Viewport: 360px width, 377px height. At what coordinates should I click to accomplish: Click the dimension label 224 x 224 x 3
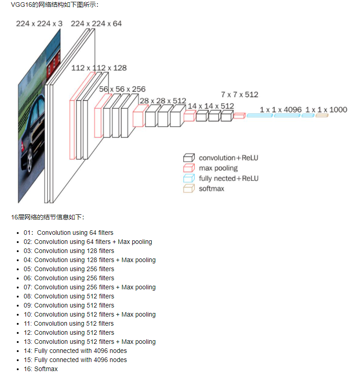click(x=39, y=23)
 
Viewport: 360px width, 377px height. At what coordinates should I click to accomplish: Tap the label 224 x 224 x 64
click(x=96, y=23)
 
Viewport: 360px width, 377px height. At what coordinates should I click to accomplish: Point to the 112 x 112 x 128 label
click(x=99, y=68)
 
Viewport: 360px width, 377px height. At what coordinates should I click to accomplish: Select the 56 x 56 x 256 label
click(x=122, y=89)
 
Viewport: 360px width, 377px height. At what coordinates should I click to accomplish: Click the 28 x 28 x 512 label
click(x=163, y=100)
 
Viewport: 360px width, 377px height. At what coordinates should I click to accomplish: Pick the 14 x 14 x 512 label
click(x=210, y=106)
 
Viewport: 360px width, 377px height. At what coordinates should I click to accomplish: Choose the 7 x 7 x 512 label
click(x=240, y=94)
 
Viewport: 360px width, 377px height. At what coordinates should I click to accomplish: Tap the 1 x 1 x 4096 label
click(x=280, y=109)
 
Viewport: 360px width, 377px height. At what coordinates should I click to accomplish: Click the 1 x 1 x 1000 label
click(x=326, y=109)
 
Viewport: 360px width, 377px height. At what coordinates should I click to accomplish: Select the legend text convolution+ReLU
click(x=229, y=158)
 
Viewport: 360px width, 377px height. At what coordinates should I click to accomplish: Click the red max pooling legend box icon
click(x=189, y=168)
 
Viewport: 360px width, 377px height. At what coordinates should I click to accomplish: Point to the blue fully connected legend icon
click(x=189, y=179)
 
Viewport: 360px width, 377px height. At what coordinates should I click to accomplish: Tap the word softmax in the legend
click(x=211, y=188)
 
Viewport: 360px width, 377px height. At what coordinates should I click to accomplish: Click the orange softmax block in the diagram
click(x=321, y=116)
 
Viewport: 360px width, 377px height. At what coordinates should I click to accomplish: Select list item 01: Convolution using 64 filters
click(x=69, y=233)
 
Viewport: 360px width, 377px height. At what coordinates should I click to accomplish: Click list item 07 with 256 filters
click(x=90, y=287)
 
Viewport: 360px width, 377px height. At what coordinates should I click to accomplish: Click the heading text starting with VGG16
click(x=55, y=5)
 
